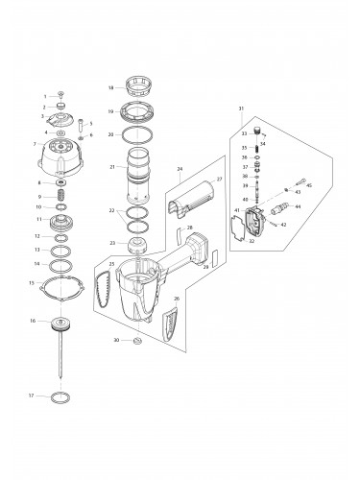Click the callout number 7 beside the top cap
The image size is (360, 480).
35,144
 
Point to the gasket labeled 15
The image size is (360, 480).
62,283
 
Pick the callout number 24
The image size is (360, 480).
180,169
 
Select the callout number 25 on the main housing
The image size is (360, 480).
112,263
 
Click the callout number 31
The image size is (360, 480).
241,108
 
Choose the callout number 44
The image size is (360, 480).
299,206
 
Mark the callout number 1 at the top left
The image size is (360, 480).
44,97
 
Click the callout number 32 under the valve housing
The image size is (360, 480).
252,243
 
